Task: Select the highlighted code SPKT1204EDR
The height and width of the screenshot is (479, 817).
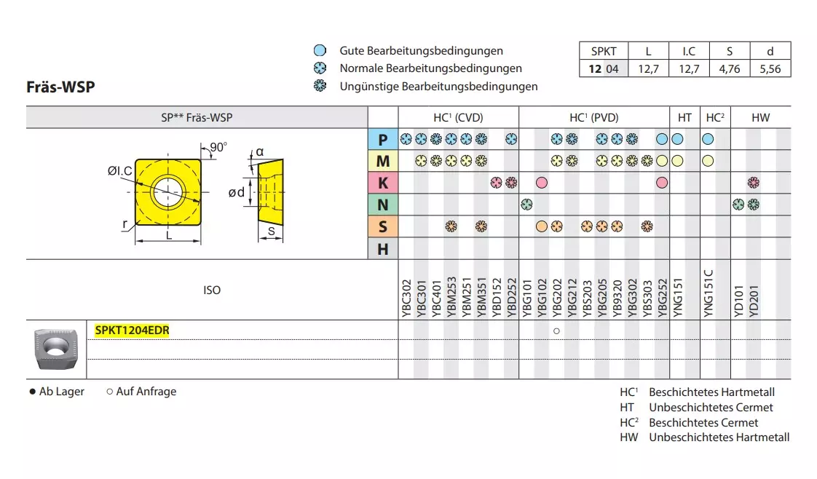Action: click(132, 330)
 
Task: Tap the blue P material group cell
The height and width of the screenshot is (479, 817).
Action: click(382, 139)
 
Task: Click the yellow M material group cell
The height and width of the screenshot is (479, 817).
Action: click(382, 161)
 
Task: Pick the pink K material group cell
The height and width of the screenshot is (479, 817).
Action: click(382, 183)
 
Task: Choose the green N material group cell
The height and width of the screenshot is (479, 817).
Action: click(382, 205)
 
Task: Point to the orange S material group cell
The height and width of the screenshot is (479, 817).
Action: click(382, 227)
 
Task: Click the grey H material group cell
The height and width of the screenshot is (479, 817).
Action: click(382, 249)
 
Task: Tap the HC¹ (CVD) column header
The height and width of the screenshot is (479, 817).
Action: click(458, 117)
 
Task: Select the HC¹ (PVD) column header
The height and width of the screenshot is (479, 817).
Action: click(593, 117)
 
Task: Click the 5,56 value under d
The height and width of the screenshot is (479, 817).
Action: click(770, 69)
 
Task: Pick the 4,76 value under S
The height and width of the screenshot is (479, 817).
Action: click(729, 69)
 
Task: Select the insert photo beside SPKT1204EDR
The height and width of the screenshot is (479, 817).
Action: click(55, 349)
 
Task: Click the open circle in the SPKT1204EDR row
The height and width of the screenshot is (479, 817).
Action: click(556, 331)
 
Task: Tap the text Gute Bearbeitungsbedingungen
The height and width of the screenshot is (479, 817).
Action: click(421, 51)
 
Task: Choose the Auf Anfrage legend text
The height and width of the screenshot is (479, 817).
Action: click(146, 392)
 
